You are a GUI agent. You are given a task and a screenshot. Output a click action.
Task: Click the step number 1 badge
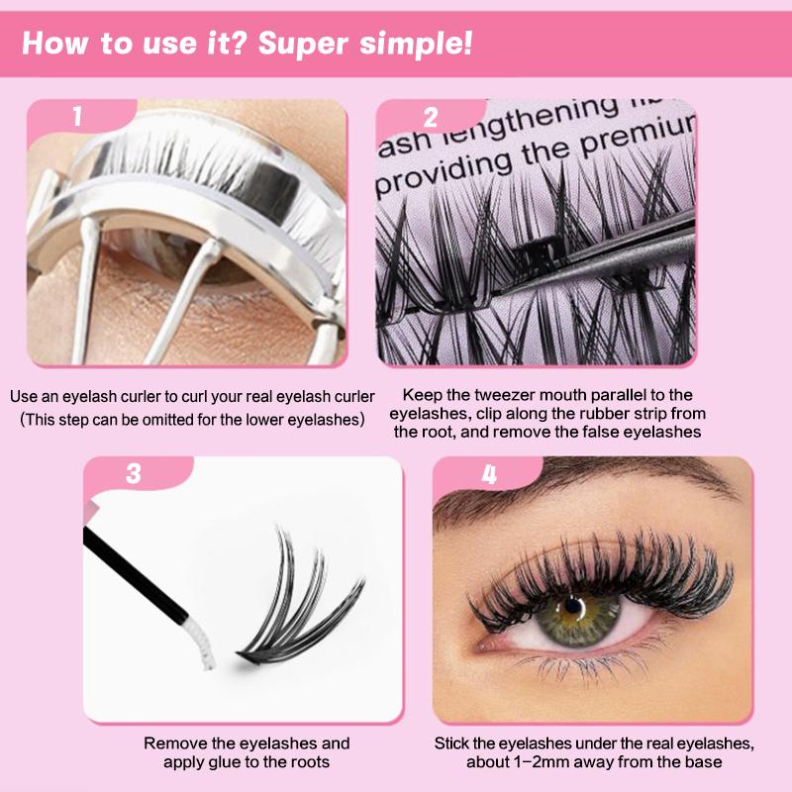(x=77, y=116)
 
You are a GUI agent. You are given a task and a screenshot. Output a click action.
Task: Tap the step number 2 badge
(x=431, y=117)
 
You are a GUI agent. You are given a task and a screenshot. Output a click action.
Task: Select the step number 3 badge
(x=134, y=473)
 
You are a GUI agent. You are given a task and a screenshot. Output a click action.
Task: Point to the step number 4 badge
(x=489, y=474)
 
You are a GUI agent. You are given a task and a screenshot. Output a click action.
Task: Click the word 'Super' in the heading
(x=303, y=44)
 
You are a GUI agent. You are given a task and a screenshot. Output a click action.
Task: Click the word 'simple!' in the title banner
(x=416, y=44)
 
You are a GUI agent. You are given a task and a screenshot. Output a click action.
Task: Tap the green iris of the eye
(x=577, y=619)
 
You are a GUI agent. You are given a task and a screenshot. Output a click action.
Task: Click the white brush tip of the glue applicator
(x=200, y=642)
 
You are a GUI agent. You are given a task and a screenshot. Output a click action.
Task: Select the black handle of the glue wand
(x=136, y=574)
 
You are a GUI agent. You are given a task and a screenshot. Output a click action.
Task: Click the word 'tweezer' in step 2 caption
(x=502, y=394)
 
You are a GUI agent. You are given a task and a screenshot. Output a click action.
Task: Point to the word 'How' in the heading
(x=54, y=44)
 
